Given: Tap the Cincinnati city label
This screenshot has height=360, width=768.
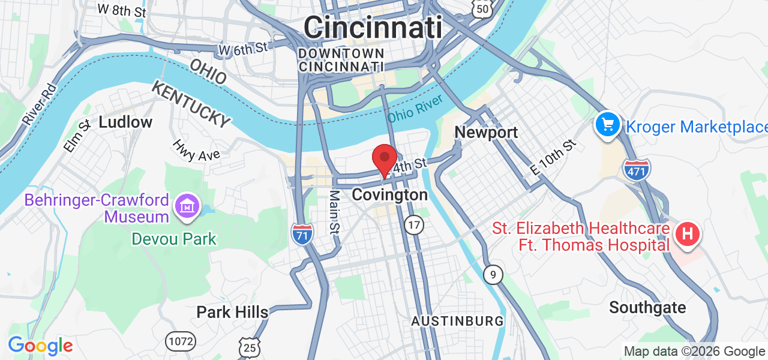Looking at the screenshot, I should (x=373, y=27).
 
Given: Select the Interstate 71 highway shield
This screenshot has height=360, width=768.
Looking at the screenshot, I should (x=302, y=233).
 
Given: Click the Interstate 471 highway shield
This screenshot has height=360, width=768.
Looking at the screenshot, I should (x=637, y=170).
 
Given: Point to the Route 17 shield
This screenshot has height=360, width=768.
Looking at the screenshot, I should (x=413, y=225).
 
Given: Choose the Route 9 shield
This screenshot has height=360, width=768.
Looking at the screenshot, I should (x=493, y=275).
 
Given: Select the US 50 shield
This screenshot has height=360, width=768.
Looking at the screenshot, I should (x=482, y=7).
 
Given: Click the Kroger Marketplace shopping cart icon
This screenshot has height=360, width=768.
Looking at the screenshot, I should (x=607, y=125).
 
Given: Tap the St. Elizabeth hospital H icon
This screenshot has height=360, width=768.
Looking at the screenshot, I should (x=688, y=233).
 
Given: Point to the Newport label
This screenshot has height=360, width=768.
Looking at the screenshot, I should (x=486, y=132).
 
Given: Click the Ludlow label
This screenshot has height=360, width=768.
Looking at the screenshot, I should (x=125, y=122).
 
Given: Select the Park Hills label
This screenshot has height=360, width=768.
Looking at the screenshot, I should (x=232, y=312).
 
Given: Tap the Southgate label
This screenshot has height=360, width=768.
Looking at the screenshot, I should (x=647, y=308).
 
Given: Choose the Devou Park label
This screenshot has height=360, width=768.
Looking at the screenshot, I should (x=174, y=239).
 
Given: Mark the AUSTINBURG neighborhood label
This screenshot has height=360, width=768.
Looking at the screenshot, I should (x=457, y=322).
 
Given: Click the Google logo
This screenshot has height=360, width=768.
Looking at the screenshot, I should (x=40, y=346).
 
